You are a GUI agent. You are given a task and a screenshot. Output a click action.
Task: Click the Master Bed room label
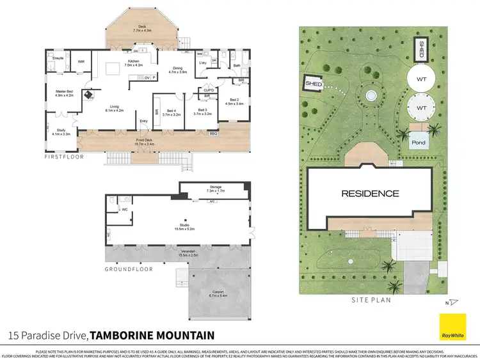pos(64,93)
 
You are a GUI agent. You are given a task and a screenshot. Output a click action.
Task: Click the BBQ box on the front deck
pos(213,134)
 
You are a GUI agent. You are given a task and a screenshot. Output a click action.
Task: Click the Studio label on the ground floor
pos(186,226)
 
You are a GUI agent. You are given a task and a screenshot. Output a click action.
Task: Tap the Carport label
pos(218,294)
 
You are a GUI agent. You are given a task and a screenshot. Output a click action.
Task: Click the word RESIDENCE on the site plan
pos(370,193)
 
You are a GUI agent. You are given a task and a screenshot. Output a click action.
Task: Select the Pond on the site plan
pos(419,143)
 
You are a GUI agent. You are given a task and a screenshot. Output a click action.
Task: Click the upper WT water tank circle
pos(422,79)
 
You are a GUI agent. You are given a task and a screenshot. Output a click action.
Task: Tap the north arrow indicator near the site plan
pos(453,302)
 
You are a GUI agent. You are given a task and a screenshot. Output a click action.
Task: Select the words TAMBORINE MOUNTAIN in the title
pos(152,335)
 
